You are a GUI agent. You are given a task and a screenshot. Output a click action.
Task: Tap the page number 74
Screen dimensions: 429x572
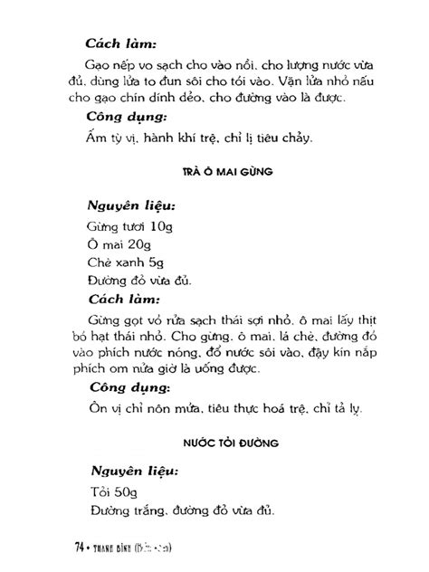coord(77,548)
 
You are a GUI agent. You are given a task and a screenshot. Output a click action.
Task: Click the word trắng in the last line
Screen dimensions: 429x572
coord(140,511)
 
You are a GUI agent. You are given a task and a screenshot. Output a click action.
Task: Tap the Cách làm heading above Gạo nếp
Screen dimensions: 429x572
coord(120,43)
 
